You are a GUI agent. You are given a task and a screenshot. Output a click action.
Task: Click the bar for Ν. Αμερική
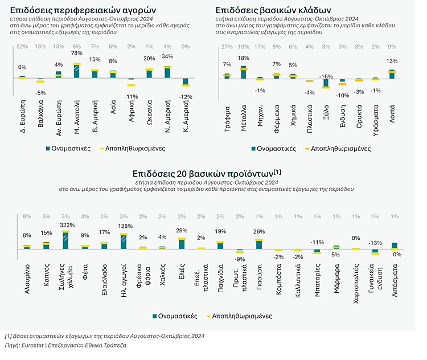point(167,72)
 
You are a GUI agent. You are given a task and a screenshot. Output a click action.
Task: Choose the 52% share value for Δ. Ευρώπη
point(22,46)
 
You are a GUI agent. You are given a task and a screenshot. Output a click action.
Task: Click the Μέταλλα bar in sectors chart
point(244,72)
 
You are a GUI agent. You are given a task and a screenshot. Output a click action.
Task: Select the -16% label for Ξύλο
point(326,76)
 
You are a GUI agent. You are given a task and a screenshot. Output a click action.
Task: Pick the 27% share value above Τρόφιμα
point(227,46)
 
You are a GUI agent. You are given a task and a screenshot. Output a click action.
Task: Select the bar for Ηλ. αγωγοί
point(124,242)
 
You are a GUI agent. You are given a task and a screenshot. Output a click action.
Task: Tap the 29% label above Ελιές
point(182,230)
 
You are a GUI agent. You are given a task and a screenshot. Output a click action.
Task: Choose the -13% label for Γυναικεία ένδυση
point(375,242)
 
